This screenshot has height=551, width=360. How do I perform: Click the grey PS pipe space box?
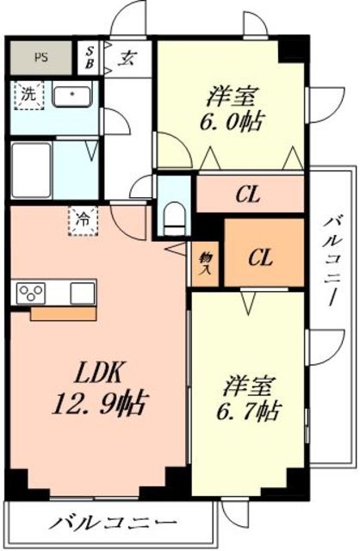(x=41, y=59)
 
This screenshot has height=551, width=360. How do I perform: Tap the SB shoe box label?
(x=90, y=59)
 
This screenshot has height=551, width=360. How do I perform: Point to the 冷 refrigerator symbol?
(x=83, y=220)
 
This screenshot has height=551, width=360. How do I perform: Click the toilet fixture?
(x=176, y=215)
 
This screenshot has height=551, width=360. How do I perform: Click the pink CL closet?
(x=250, y=193)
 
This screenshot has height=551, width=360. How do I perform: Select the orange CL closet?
(x=263, y=256)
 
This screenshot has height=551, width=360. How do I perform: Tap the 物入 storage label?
(x=206, y=263)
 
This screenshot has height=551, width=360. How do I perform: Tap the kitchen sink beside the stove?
(x=83, y=292)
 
